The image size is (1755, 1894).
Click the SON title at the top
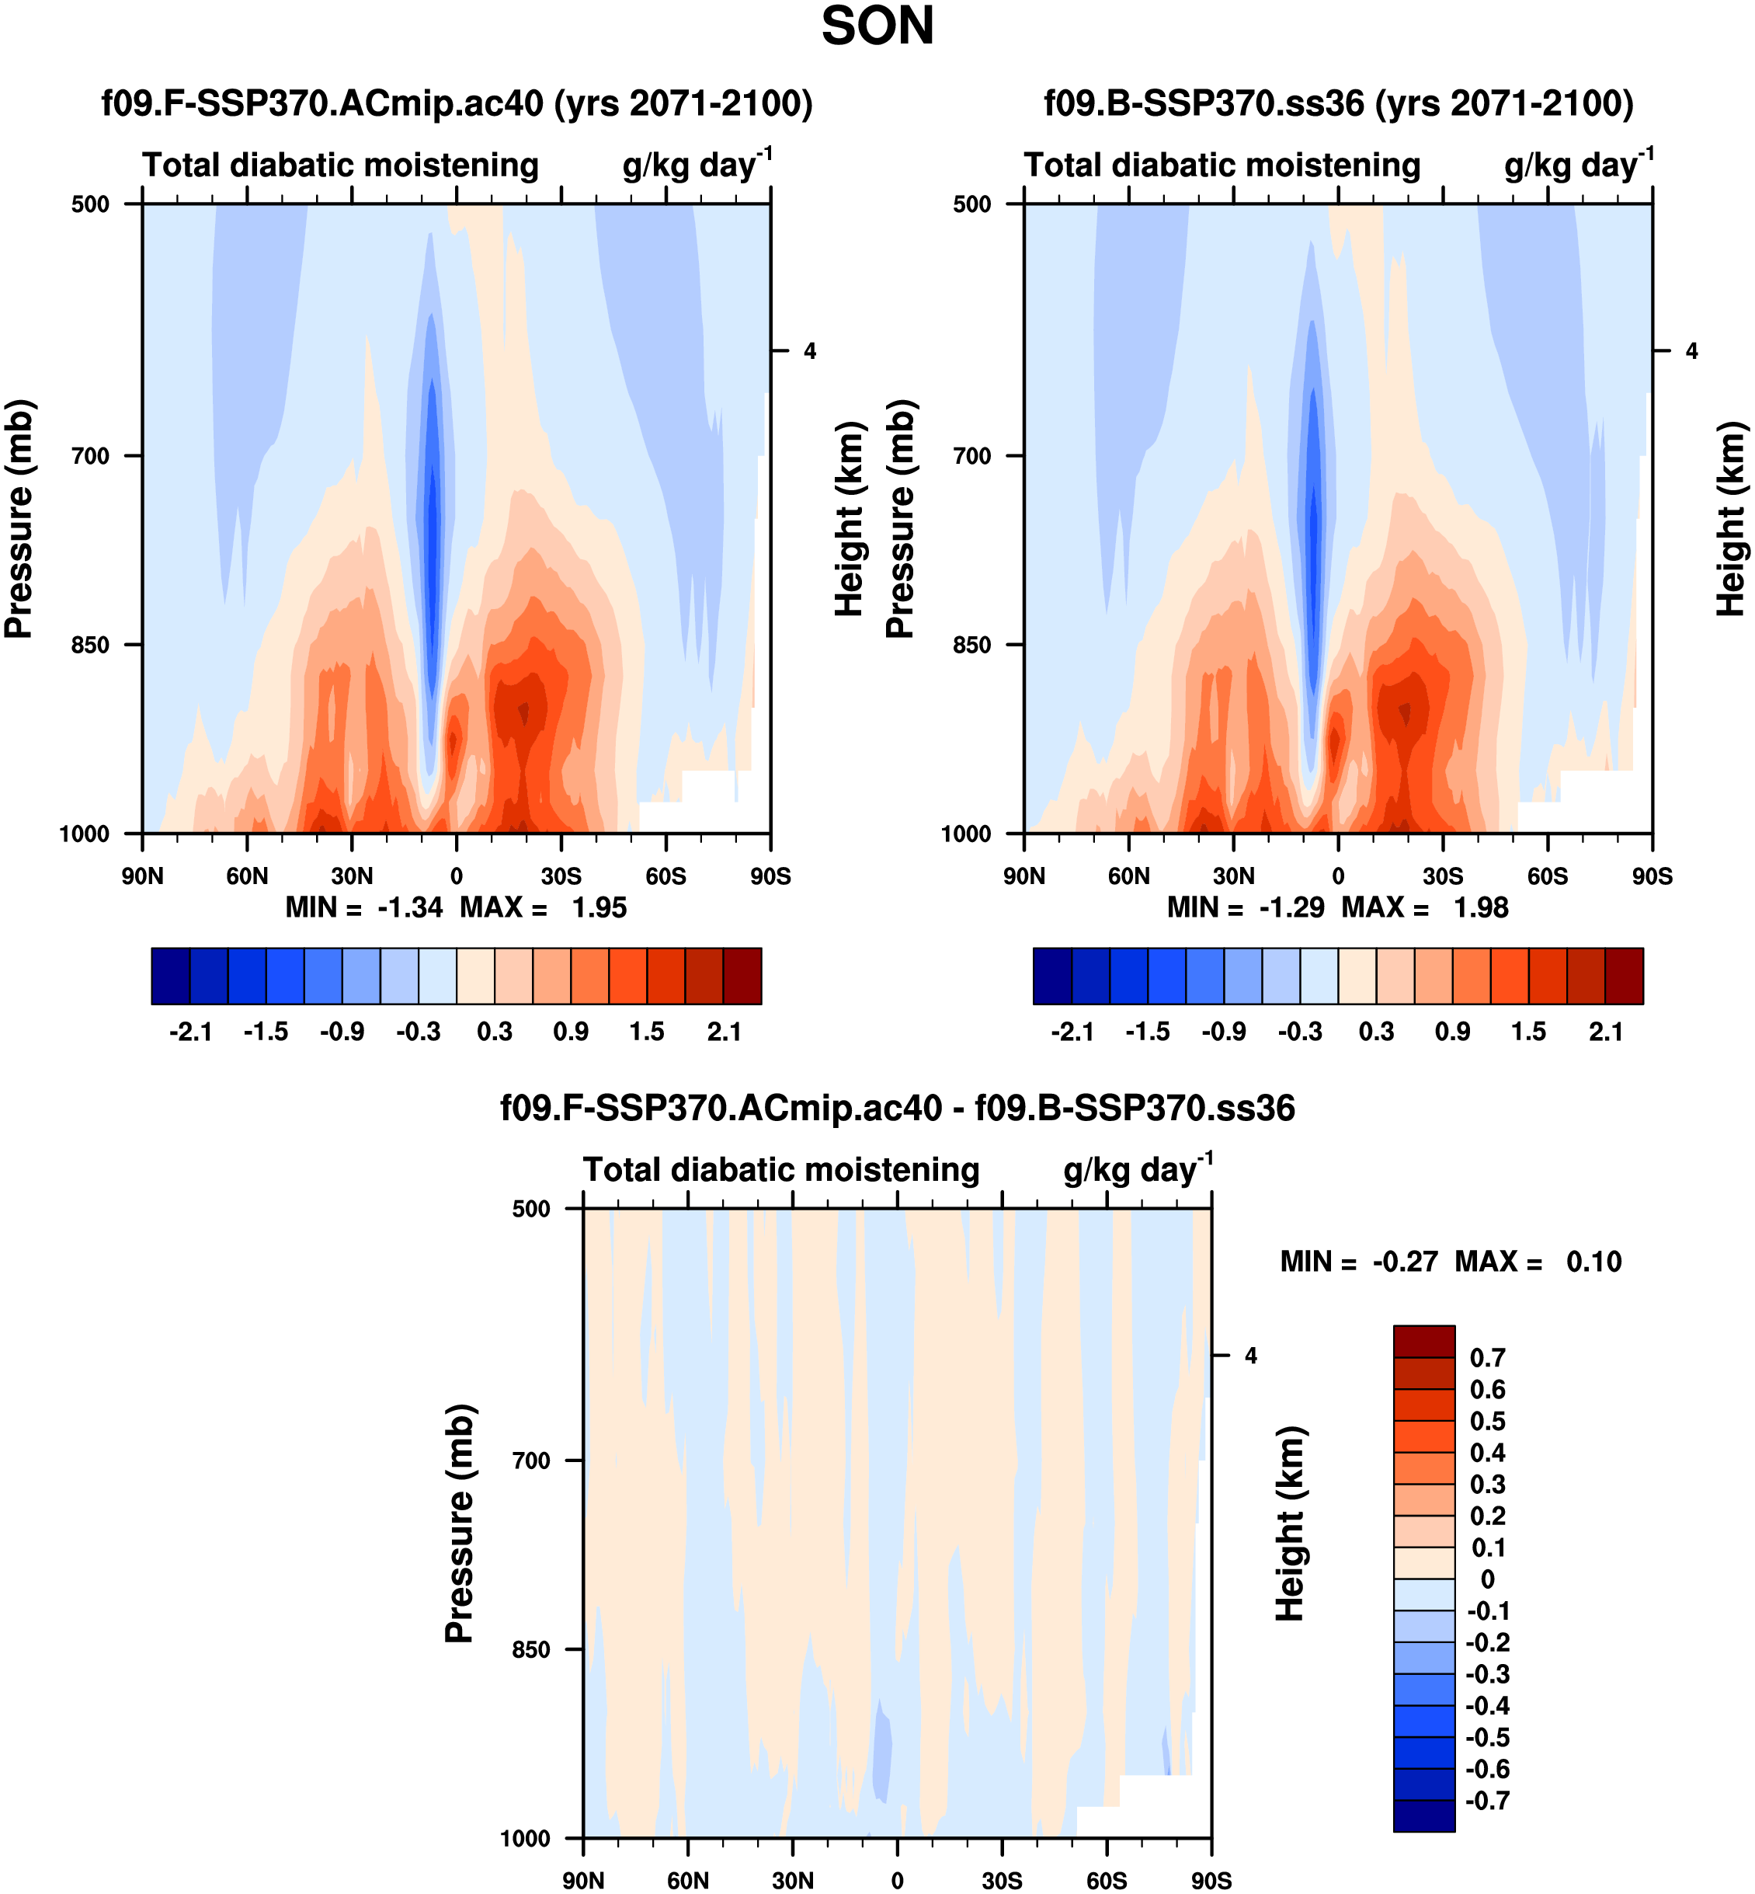(877, 26)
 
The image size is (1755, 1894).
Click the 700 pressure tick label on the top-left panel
(90, 457)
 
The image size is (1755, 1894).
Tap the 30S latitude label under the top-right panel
(1443, 876)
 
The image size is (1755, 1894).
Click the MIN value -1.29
(1291, 908)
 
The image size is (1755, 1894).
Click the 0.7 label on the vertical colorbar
(1487, 1357)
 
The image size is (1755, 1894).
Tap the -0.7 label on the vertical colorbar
(1487, 1800)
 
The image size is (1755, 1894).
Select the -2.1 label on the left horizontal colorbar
(190, 1032)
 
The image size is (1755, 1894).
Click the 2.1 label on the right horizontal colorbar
(1606, 1032)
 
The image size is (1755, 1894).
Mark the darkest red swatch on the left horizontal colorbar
(742, 976)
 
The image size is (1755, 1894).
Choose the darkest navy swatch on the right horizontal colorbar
(1052, 976)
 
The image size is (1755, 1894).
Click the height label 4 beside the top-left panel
(810, 351)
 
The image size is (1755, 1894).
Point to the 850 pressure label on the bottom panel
(531, 1650)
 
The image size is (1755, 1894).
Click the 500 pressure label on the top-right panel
(971, 204)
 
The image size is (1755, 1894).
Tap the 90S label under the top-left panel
(770, 876)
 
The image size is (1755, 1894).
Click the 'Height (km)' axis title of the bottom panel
(1290, 1523)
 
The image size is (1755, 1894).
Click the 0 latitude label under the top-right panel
(1338, 876)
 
